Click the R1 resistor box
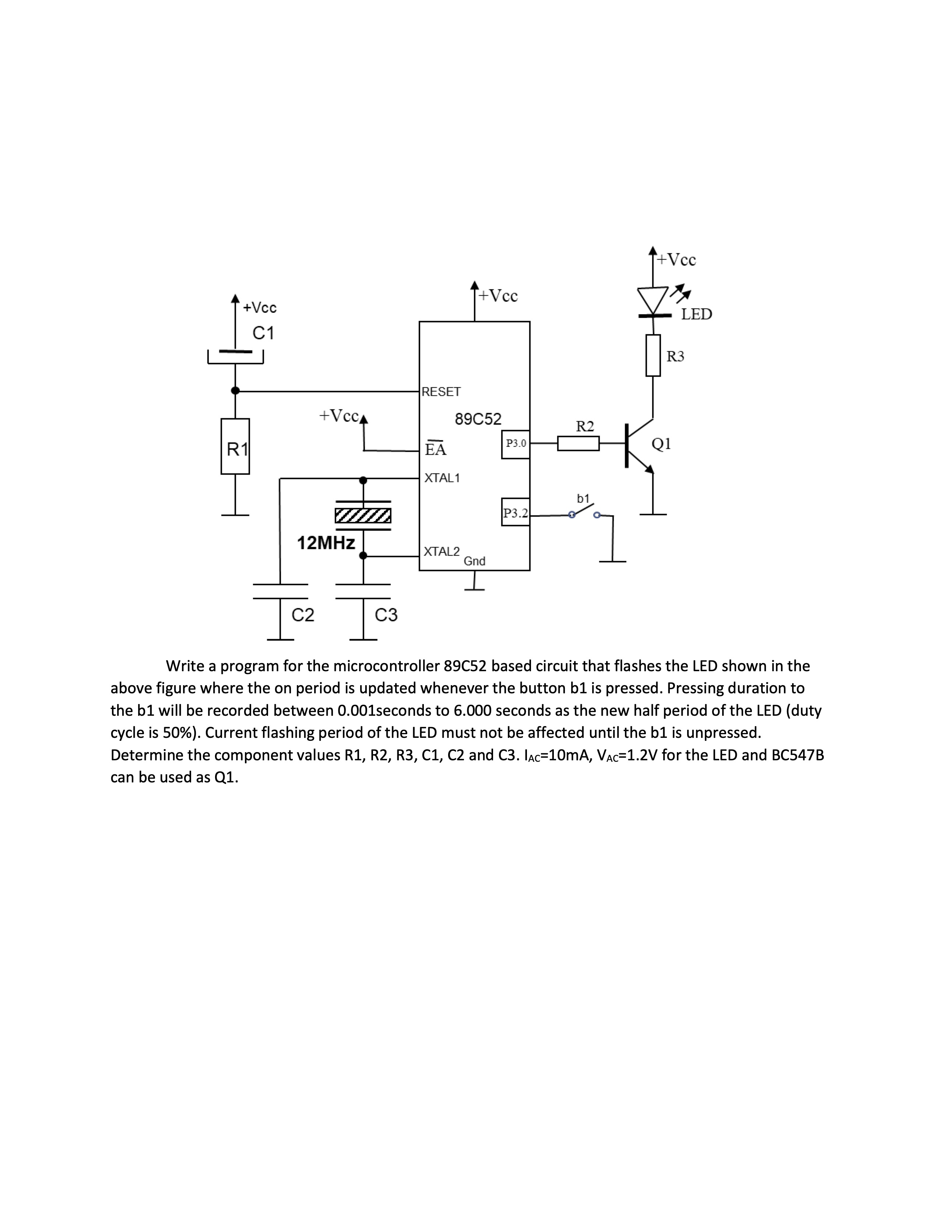(235, 446)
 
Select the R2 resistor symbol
(578, 443)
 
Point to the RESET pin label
(441, 392)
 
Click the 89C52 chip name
(478, 419)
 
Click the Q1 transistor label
(661, 443)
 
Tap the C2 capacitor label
(303, 615)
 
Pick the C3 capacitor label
(386, 615)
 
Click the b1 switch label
(583, 499)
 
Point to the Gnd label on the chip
(475, 561)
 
